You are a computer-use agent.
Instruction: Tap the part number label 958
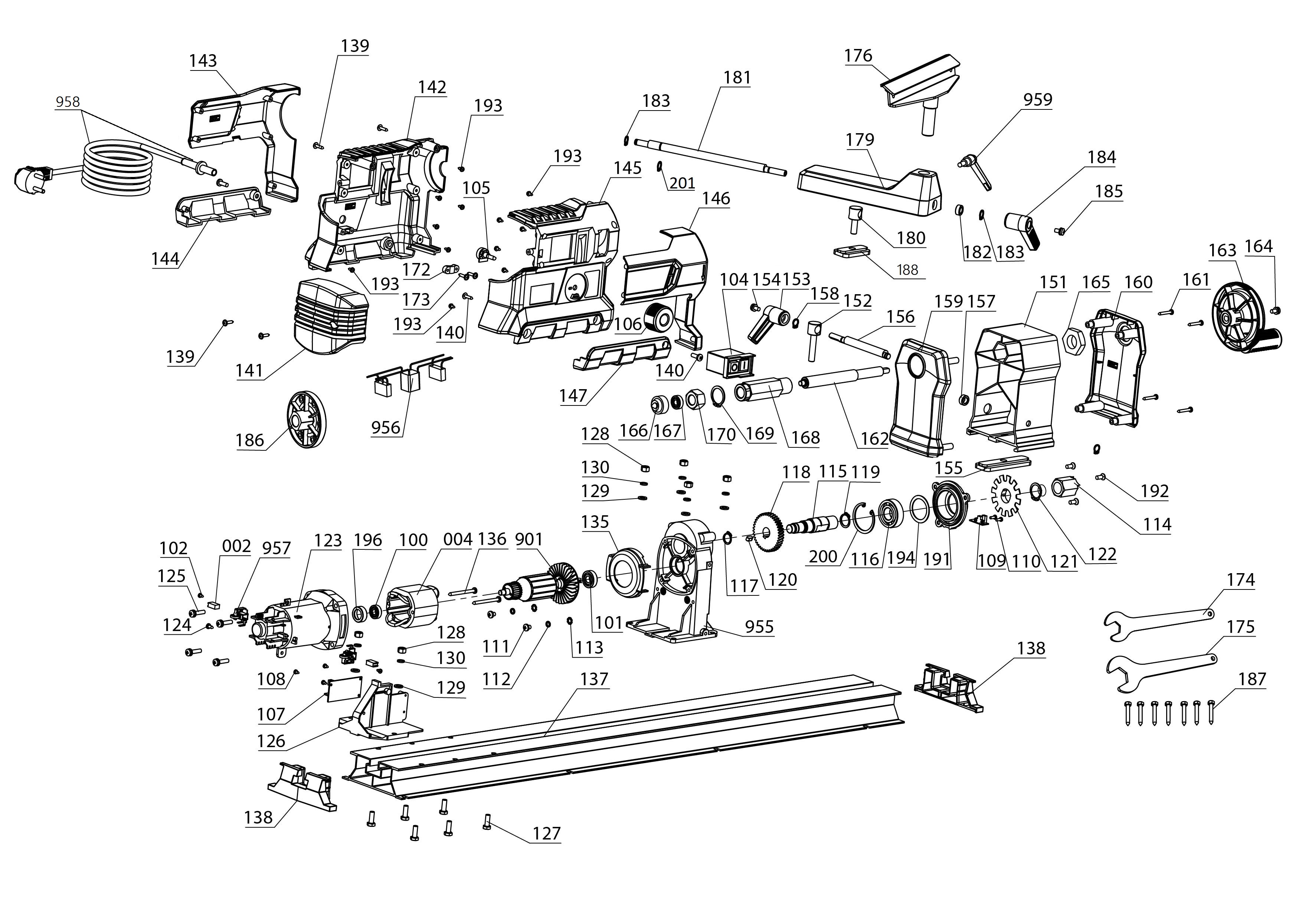click(x=68, y=102)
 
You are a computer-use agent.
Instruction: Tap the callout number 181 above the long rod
click(x=737, y=78)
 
